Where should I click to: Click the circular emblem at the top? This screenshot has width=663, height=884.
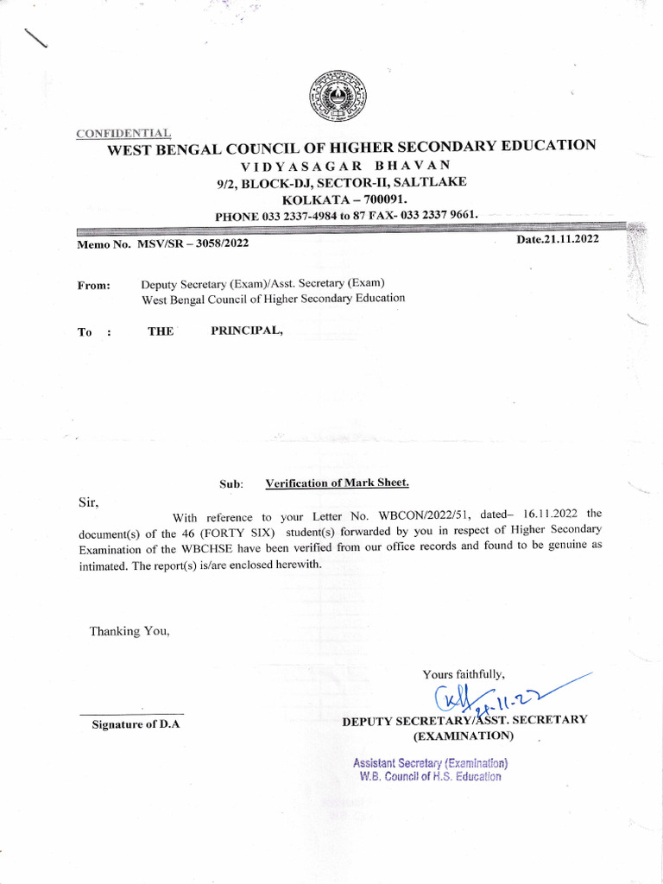coord(338,95)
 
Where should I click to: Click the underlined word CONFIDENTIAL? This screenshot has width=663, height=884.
coord(123,133)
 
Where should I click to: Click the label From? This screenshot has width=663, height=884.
coord(94,285)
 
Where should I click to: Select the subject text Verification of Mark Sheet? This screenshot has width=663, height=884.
coord(337,483)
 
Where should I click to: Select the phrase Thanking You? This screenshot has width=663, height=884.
coord(129,631)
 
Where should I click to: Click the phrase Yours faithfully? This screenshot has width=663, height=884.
coord(464,673)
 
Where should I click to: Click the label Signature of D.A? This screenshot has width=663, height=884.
coord(136,724)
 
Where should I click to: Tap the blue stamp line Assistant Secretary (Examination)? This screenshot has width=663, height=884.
coord(430,763)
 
